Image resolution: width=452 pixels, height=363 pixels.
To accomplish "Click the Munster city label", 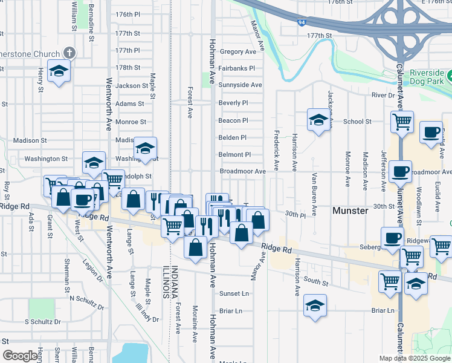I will pyautogui.click(x=350, y=211).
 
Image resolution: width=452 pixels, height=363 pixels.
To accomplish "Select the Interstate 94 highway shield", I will pyautogui.click(x=302, y=22).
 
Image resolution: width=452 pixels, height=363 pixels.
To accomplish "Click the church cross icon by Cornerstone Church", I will pyautogui.click(x=69, y=53).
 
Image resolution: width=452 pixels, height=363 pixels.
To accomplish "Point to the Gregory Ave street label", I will pyautogui.click(x=235, y=52).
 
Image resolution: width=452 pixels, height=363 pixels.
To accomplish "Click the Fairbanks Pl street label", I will pyautogui.click(x=237, y=68).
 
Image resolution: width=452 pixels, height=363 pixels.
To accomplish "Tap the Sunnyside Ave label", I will pyautogui.click(x=240, y=85).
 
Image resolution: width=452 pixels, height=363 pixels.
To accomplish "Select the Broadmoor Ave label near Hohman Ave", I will pyautogui.click(x=242, y=171).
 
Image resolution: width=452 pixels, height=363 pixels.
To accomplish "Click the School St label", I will pyautogui.click(x=357, y=122).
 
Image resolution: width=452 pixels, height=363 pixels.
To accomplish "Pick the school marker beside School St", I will pyautogui.click(x=318, y=120).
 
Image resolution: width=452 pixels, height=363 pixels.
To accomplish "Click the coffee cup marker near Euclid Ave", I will pyautogui.click(x=431, y=132).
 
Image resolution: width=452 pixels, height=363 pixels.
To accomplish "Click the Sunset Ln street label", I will pyautogui.click(x=234, y=293).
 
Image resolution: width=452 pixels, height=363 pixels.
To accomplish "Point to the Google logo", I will pyautogui.click(x=20, y=356).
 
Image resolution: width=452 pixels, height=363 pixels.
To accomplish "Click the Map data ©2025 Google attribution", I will pyautogui.click(x=414, y=358).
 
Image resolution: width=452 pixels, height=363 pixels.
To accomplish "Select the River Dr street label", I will pyautogui.click(x=383, y=96).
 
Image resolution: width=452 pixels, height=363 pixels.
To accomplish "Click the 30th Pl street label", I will pyautogui.click(x=295, y=214).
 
